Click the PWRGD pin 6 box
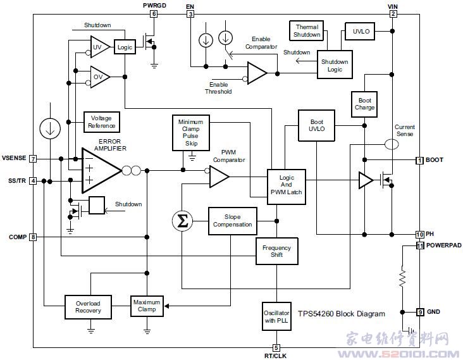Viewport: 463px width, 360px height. point(154,13)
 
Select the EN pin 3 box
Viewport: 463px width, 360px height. point(190,14)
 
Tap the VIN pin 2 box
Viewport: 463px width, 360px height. point(393,14)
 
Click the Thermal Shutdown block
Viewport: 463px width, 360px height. point(307,31)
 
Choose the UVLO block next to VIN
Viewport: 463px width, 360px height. point(360,31)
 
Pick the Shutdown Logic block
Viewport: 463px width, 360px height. point(335,65)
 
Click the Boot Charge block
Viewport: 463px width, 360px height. point(364,104)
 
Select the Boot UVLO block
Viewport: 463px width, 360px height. point(316,125)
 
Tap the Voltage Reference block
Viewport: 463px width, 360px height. point(102,122)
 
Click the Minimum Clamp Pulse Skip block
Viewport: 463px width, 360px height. point(191,133)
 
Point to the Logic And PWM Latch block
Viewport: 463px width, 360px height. point(286,187)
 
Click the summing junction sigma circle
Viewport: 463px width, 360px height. point(183,221)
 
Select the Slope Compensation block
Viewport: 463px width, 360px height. point(232,221)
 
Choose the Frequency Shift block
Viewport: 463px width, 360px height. point(276,251)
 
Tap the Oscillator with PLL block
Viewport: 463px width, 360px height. point(276,316)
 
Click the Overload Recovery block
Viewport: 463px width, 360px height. point(88,307)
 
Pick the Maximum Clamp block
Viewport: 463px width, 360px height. point(147,306)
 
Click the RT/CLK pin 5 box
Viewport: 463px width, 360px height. point(276,347)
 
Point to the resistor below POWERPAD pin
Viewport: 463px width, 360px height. point(402,276)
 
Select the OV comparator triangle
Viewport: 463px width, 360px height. point(100,77)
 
